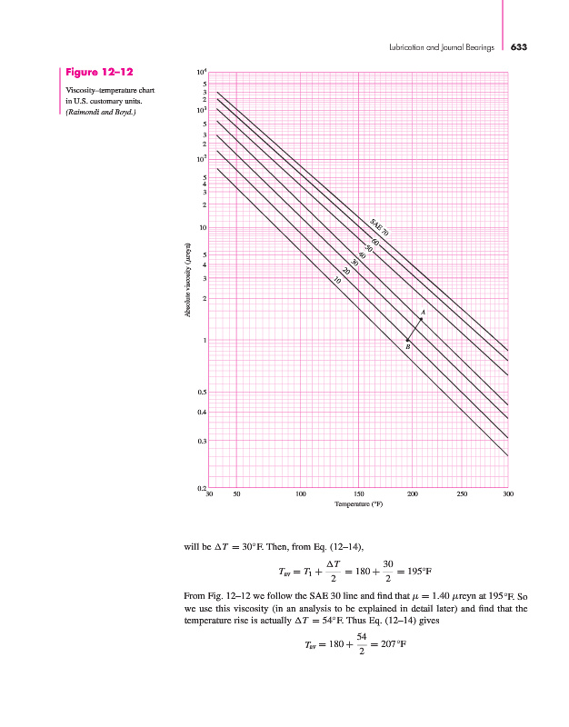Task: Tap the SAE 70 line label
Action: pyautogui.click(x=380, y=227)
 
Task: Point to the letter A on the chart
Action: pyautogui.click(x=424, y=313)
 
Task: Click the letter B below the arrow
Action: pyautogui.click(x=407, y=346)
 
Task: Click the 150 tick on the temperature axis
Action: pyautogui.click(x=357, y=495)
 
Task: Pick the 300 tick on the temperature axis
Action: pyautogui.click(x=507, y=495)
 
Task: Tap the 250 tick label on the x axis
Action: pyautogui.click(x=462, y=495)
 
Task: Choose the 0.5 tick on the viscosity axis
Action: pyautogui.click(x=203, y=392)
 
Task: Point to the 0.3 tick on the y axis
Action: pyautogui.click(x=203, y=441)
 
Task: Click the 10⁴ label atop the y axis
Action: pyautogui.click(x=202, y=72)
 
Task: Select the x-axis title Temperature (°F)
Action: pyautogui.click(x=358, y=504)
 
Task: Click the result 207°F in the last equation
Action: pyautogui.click(x=389, y=644)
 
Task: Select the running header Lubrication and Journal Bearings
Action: pyautogui.click(x=442, y=45)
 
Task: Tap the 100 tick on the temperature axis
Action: pyautogui.click(x=300, y=495)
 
